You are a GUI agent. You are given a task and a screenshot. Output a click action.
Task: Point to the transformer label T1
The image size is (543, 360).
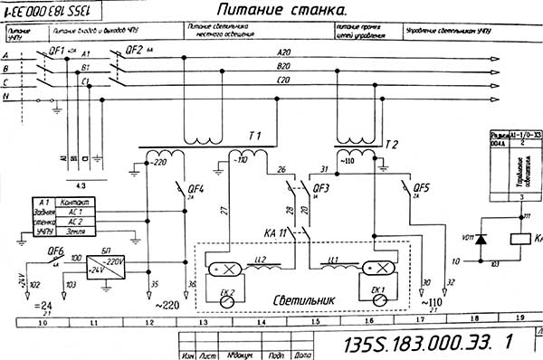(x=254, y=136)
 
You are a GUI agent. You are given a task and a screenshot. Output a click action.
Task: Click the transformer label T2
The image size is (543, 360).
(x=391, y=144)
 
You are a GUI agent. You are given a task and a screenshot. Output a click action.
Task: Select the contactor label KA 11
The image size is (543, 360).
(x=276, y=233)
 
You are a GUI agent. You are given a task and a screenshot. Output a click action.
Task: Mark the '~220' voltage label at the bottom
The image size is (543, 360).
(x=169, y=306)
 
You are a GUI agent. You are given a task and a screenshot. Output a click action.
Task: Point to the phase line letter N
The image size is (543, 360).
(x=6, y=95)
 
